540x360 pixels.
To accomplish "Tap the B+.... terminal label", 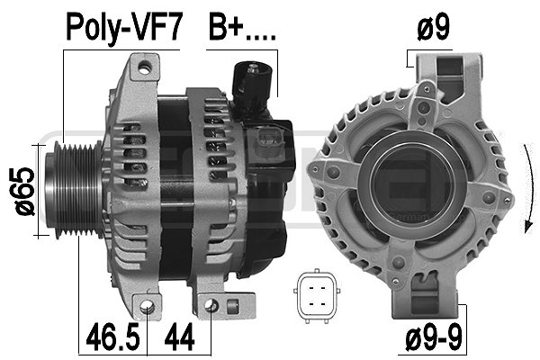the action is click(x=242, y=27).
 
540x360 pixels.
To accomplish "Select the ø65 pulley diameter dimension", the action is click(x=25, y=192).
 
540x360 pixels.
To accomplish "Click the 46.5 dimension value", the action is click(x=112, y=337).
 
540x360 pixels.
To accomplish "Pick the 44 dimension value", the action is click(x=179, y=337).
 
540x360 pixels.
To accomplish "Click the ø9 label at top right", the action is click(x=433, y=27).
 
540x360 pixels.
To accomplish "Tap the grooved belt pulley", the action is click(x=75, y=189).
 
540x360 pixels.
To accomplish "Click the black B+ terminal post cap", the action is click(x=252, y=83).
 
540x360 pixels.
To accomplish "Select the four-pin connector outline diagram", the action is click(x=317, y=296).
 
